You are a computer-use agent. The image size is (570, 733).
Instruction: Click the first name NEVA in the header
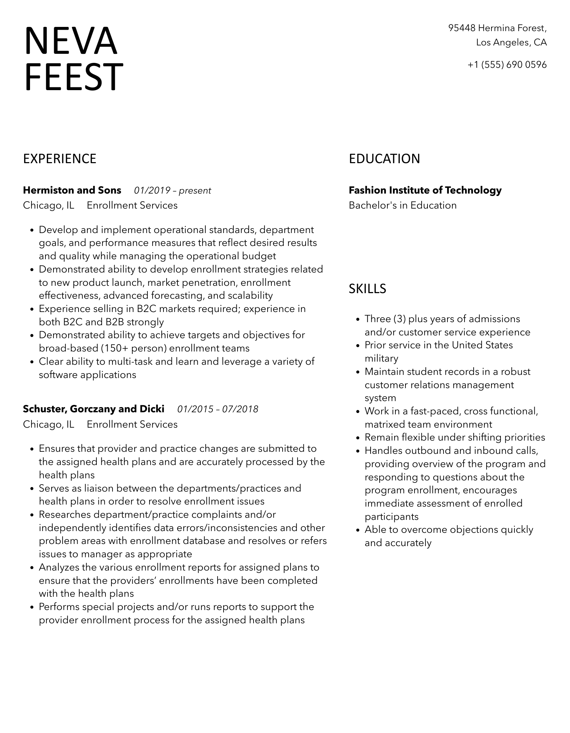tap(71, 41)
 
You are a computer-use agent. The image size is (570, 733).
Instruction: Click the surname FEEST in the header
tap(73, 77)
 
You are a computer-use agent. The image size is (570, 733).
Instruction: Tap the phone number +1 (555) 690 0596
tap(507, 65)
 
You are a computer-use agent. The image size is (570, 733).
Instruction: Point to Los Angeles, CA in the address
tap(511, 43)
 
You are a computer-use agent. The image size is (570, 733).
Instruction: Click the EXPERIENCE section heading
tap(60, 159)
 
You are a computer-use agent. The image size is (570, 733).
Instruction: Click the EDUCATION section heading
tap(384, 159)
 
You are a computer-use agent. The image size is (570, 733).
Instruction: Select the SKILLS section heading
tap(367, 289)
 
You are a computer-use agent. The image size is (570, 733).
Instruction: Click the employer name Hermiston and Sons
tap(72, 190)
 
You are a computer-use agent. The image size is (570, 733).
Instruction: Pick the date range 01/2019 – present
tap(173, 191)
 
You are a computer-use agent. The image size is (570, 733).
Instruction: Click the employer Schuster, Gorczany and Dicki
tap(94, 409)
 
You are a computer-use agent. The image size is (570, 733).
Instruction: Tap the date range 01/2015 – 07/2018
tap(218, 409)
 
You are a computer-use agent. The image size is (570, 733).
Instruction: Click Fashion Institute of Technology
tap(425, 190)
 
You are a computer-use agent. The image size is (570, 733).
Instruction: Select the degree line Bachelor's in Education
tap(403, 205)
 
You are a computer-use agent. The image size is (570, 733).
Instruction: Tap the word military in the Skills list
tap(381, 358)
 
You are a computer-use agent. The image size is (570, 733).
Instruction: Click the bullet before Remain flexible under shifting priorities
tap(357, 438)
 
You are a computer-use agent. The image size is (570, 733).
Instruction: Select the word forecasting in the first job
tap(177, 296)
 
